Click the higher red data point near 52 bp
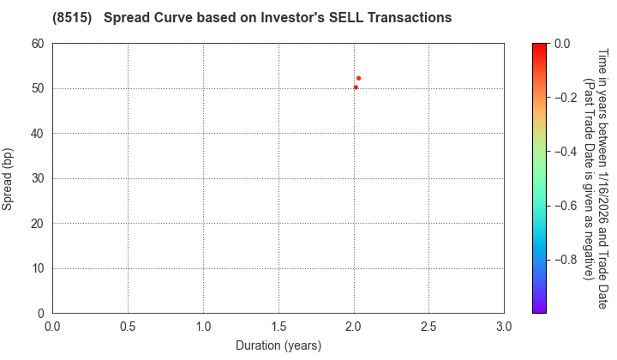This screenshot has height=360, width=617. pyautogui.click(x=358, y=78)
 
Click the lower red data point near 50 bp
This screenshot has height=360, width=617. pyautogui.click(x=356, y=87)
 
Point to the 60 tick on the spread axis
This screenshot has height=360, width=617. pyautogui.click(x=38, y=44)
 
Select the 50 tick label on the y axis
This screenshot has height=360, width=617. pyautogui.click(x=38, y=88)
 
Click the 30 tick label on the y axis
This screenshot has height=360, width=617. pyautogui.click(x=38, y=178)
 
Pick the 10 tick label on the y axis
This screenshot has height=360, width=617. pyautogui.click(x=38, y=268)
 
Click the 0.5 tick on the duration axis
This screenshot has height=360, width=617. pyautogui.click(x=128, y=327)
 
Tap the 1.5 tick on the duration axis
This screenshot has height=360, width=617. pyautogui.click(x=279, y=327)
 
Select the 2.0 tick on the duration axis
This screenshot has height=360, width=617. pyautogui.click(x=354, y=327)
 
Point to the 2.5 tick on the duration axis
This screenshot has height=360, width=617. pyautogui.click(x=428, y=327)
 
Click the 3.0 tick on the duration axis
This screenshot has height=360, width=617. pyautogui.click(x=504, y=327)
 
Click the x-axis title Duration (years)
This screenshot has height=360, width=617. pyautogui.click(x=279, y=345)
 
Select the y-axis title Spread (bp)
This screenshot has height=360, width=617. pyautogui.click(x=10, y=178)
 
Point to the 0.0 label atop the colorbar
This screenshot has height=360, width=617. pyautogui.click(x=563, y=44)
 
